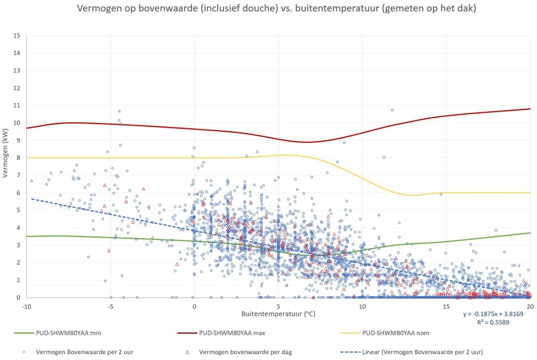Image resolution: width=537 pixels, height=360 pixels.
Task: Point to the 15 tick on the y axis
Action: [x=17, y=36]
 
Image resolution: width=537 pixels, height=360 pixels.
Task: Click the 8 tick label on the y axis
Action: [x=17, y=158]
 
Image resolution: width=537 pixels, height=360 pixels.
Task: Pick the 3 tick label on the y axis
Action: [x=17, y=245]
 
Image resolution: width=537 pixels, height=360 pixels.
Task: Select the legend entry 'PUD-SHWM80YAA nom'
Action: [x=395, y=332]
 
